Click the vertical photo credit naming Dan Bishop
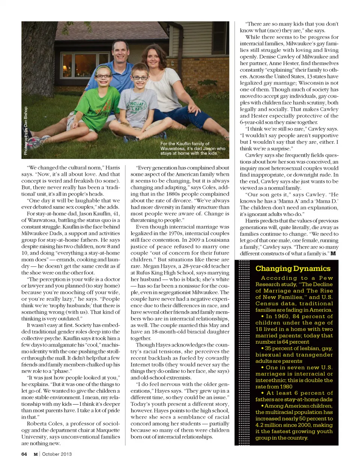[x=25, y=131]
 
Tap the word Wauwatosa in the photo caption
[x=174, y=149]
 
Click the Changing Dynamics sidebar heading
[x=293, y=269]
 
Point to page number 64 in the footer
[x=24, y=454]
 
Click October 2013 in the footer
[x=57, y=454]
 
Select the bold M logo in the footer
[x=36, y=454]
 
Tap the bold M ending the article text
[x=333, y=254]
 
